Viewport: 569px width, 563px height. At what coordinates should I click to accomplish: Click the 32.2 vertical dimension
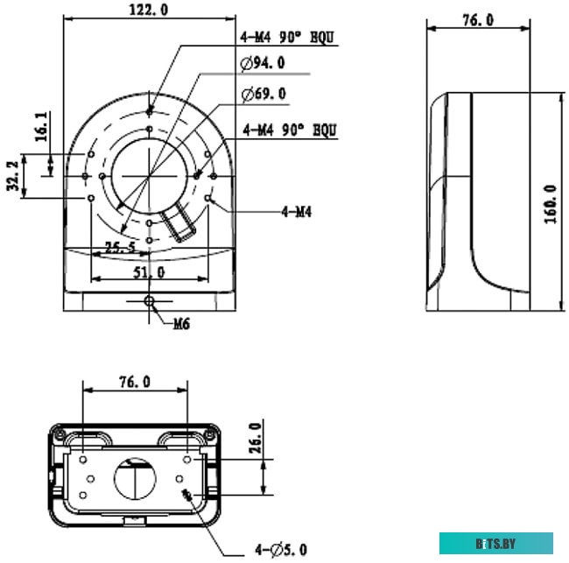coord(14,176)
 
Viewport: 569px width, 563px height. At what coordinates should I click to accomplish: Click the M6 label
coord(181,323)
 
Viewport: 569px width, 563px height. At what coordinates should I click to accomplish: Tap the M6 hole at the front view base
coord(151,301)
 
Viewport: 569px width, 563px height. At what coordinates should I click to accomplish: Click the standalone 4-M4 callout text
coord(297,211)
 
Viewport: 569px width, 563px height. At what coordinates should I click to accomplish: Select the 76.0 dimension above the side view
coord(477,19)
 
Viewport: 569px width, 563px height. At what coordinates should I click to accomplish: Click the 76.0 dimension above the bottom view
coord(134,382)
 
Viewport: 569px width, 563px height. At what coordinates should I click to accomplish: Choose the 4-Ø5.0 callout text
coord(281,549)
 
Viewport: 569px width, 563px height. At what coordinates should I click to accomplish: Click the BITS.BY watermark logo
coord(495,543)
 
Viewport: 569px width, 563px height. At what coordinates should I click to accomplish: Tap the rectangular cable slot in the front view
coord(181,222)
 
